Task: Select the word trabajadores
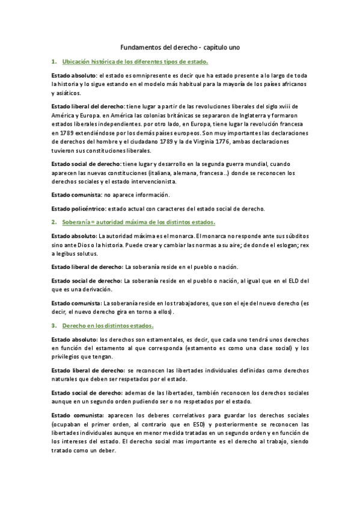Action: point(185,303)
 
